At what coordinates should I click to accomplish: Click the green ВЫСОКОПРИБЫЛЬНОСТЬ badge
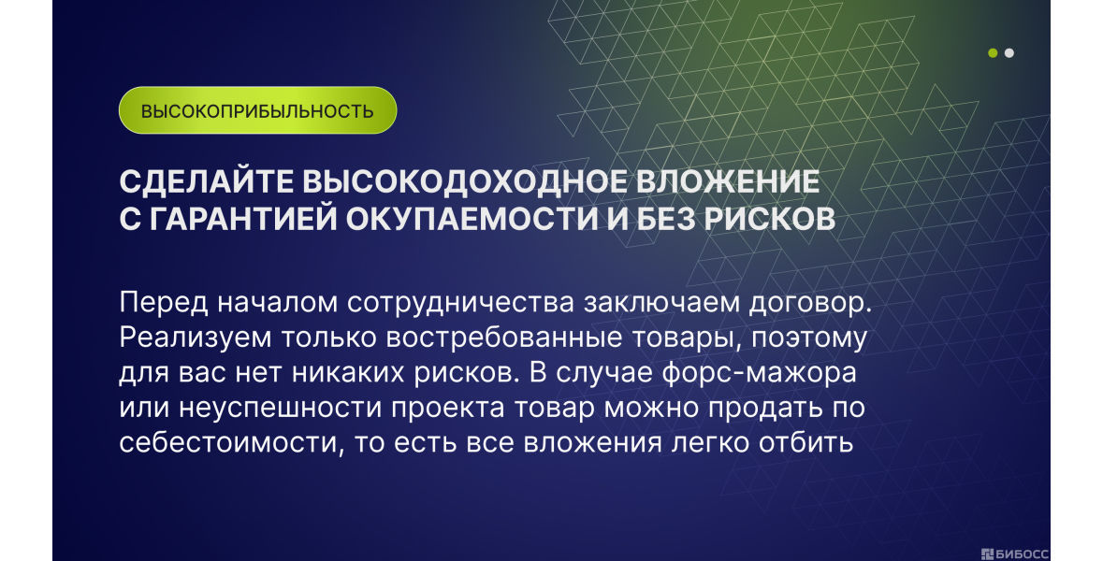point(257,110)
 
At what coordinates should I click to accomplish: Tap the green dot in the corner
point(993,52)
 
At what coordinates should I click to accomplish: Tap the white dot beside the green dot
point(1009,52)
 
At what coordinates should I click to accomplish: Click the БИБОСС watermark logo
point(1014,554)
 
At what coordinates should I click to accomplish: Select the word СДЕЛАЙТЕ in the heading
point(206,182)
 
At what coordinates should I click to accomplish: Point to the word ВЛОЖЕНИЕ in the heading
point(728,182)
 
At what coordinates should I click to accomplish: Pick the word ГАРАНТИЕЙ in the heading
point(242,220)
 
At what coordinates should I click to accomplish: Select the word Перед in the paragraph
point(163,302)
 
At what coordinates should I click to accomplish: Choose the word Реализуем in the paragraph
point(195,338)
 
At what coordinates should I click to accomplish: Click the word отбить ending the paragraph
point(805,443)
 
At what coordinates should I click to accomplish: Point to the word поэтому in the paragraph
point(808,338)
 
